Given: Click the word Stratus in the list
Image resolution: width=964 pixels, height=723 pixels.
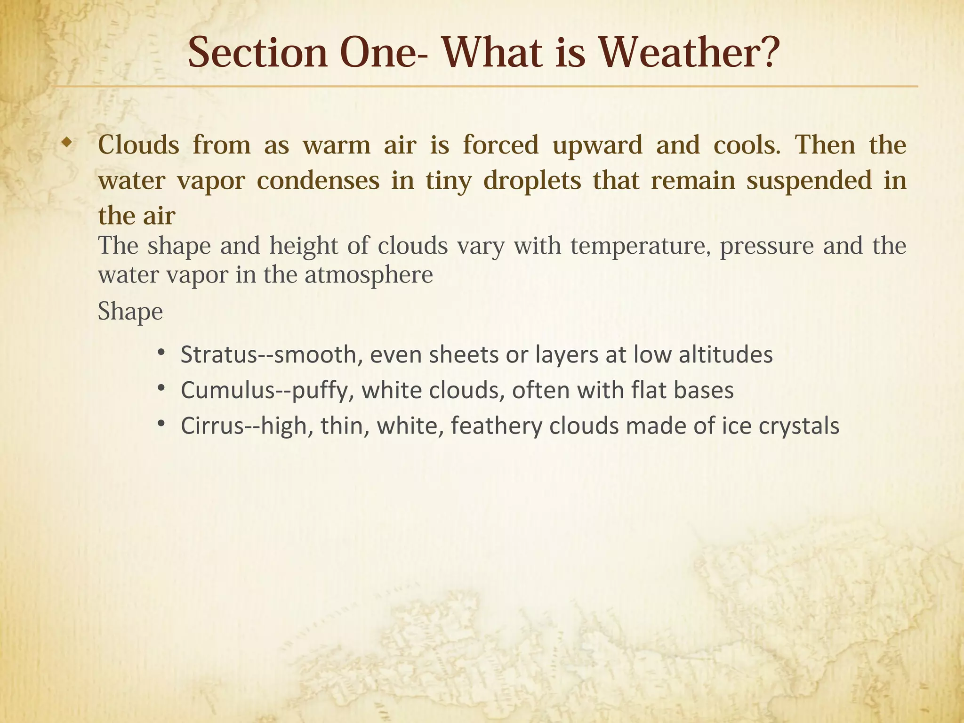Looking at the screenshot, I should coord(218,354).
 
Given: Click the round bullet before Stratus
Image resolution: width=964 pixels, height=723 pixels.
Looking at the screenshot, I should coord(161,353).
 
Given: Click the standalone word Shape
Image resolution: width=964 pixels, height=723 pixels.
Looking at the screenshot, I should coord(130,312).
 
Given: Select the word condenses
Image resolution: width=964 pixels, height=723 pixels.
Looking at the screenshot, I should coord(318,181).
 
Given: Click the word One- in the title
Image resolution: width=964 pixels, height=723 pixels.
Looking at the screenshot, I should coord(384,53).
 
